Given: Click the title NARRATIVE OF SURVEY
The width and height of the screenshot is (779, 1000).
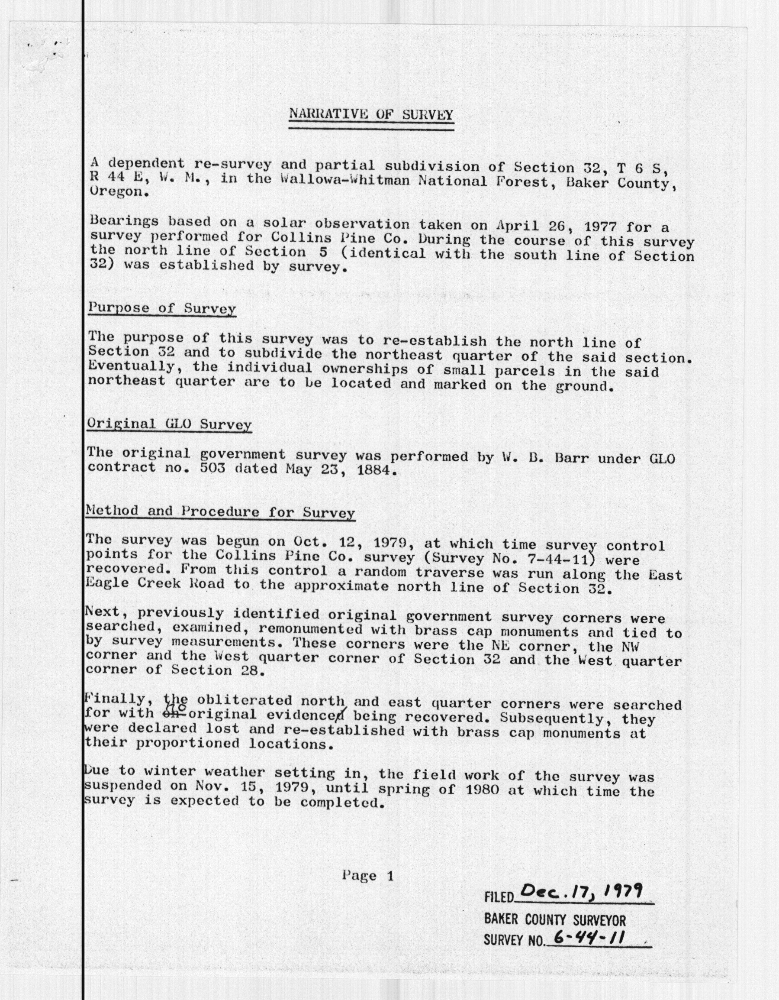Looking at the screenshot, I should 371,114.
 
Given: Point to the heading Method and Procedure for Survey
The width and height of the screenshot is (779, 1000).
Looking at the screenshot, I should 220,512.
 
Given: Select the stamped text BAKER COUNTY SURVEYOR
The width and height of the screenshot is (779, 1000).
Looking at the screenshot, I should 554,919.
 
